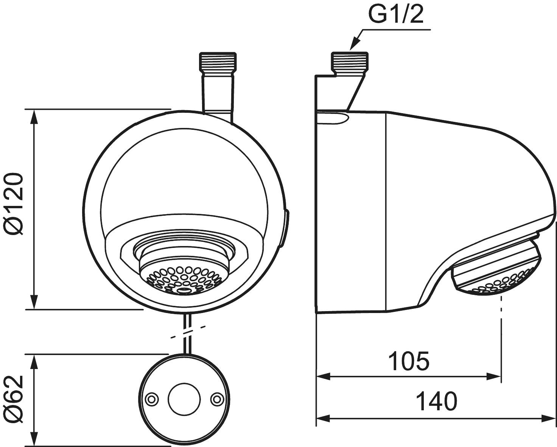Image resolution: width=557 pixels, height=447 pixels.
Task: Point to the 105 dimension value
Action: (409, 361)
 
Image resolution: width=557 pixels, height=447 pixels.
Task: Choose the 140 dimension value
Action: (436, 402)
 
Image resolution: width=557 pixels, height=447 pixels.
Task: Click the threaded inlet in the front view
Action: (217, 61)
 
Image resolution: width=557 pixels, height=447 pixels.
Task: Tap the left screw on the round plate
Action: (152, 399)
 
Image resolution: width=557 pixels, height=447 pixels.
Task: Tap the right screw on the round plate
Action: (217, 399)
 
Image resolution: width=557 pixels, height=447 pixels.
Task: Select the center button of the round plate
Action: (184, 399)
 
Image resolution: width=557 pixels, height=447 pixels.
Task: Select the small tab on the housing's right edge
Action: (286, 229)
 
